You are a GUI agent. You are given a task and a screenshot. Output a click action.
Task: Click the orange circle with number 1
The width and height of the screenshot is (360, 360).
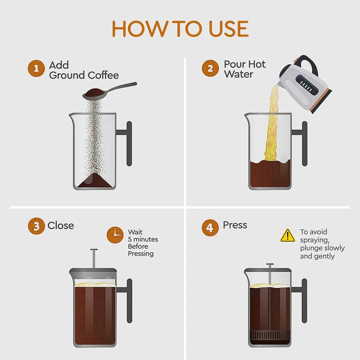coord(36,69)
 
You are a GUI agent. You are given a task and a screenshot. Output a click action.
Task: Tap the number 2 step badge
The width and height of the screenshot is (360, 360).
coord(210,68)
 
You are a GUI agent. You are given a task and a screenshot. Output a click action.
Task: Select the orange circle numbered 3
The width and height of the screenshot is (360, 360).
coord(36,226)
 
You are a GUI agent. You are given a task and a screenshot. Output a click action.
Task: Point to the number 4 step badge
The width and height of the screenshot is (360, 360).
coord(210,228)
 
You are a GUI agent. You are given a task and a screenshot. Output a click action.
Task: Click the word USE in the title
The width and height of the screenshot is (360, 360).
coord(229,29)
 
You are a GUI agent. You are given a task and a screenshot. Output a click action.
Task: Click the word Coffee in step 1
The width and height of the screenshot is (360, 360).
coord(103,75)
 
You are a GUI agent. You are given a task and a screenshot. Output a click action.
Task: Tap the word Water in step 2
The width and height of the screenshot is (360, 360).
coord(238,74)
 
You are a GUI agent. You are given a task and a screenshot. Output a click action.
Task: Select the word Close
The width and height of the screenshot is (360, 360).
coord(61,226)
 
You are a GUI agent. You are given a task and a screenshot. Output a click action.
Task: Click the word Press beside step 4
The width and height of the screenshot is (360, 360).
coord(235,225)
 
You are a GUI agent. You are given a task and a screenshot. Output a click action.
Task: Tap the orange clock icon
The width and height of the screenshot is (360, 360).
coord(115,235)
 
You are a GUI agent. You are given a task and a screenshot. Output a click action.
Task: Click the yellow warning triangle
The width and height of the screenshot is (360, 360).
coord(288,235)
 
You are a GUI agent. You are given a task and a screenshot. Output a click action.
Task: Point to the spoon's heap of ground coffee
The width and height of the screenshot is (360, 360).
coord(94,91)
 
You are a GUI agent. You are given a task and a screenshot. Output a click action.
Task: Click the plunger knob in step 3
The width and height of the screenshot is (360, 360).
coord(94,250)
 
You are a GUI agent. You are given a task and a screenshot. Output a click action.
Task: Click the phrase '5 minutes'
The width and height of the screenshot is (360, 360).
coord(143,239)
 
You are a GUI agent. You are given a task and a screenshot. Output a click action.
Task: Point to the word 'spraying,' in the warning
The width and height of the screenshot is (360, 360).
coord(315,240)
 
